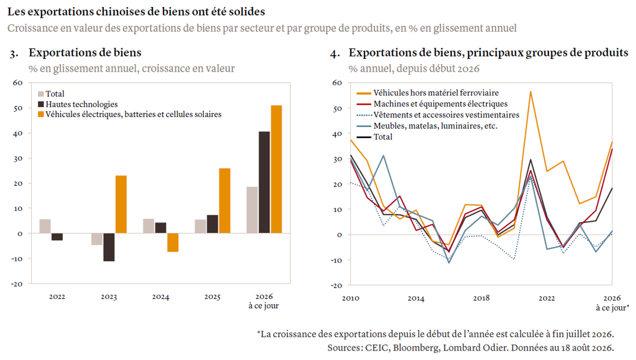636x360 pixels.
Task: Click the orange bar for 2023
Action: [121, 204]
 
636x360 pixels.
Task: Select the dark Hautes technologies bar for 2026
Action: [264, 182]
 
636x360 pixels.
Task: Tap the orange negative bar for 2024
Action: [173, 243]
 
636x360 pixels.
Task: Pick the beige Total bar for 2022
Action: [45, 226]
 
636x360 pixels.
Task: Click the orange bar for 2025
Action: [225, 201]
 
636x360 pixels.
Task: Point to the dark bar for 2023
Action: [109, 247]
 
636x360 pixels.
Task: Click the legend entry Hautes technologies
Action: [78, 104]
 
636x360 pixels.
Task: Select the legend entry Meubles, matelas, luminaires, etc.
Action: [427, 126]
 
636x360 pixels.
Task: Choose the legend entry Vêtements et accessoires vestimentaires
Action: [438, 115]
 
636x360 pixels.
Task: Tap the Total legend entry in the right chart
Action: [374, 137]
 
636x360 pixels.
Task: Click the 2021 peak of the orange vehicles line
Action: [531, 92]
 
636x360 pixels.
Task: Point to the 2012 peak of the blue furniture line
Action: [383, 156]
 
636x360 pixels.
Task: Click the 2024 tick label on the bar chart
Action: [160, 296]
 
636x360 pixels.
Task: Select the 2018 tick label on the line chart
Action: [481, 298]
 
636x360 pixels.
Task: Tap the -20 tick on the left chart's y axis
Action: [17, 284]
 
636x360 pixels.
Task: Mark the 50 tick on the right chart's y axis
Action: [337, 108]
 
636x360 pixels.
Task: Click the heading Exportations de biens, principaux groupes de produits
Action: [488, 53]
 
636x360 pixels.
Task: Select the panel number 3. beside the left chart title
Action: [14, 54]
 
